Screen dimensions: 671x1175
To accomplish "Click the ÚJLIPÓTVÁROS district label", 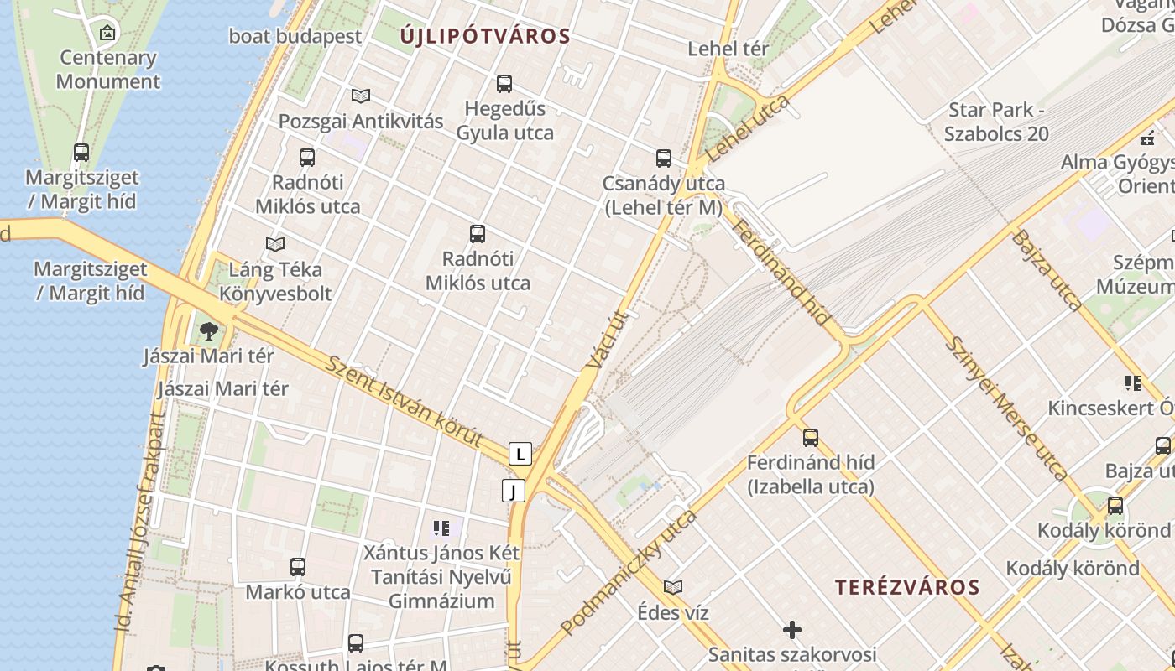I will (x=485, y=36).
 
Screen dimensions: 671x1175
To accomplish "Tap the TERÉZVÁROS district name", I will (x=907, y=587).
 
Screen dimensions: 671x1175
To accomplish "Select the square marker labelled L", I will (x=520, y=455).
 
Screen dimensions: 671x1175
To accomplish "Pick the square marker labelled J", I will (x=513, y=491).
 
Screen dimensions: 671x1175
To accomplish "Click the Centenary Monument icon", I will (x=107, y=33).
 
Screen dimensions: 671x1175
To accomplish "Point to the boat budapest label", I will (x=295, y=36).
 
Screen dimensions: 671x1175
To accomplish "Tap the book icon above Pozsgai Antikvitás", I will (x=361, y=96).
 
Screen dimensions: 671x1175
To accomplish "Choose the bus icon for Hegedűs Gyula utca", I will (x=504, y=84).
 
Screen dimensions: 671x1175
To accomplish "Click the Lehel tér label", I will (x=728, y=49).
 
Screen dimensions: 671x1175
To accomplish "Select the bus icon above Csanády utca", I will (x=664, y=158).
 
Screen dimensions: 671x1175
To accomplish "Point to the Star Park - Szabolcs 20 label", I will (x=996, y=122).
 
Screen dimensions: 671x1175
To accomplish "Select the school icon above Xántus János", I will (x=441, y=528).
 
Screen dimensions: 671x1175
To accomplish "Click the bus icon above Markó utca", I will (x=298, y=567).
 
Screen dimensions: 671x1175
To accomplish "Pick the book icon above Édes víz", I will (x=673, y=587).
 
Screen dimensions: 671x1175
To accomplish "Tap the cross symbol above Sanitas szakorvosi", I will (x=791, y=629).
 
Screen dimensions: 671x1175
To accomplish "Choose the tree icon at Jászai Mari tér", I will (x=209, y=331).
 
